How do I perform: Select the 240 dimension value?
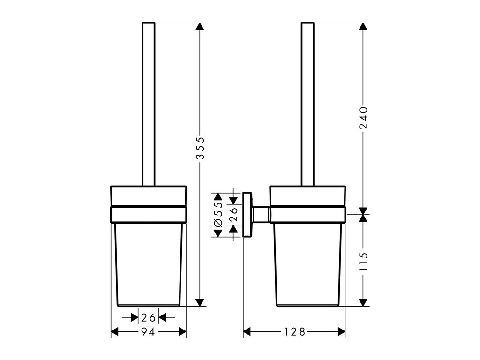click(363, 118)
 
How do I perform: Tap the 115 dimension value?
click(363, 263)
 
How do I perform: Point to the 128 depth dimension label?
click(294, 332)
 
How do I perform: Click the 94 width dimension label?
click(148, 332)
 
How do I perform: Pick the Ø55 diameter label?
click(218, 215)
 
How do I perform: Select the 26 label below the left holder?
click(148, 318)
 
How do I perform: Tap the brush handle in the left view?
click(148, 103)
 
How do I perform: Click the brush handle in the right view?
click(307, 103)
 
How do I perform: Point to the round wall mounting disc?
click(247, 215)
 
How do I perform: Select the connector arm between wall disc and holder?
click(261, 215)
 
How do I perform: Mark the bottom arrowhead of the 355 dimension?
click(200, 301)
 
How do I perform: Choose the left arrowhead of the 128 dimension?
click(247, 332)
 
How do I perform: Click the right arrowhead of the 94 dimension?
click(182, 332)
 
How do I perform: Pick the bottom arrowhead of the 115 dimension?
click(363, 301)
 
